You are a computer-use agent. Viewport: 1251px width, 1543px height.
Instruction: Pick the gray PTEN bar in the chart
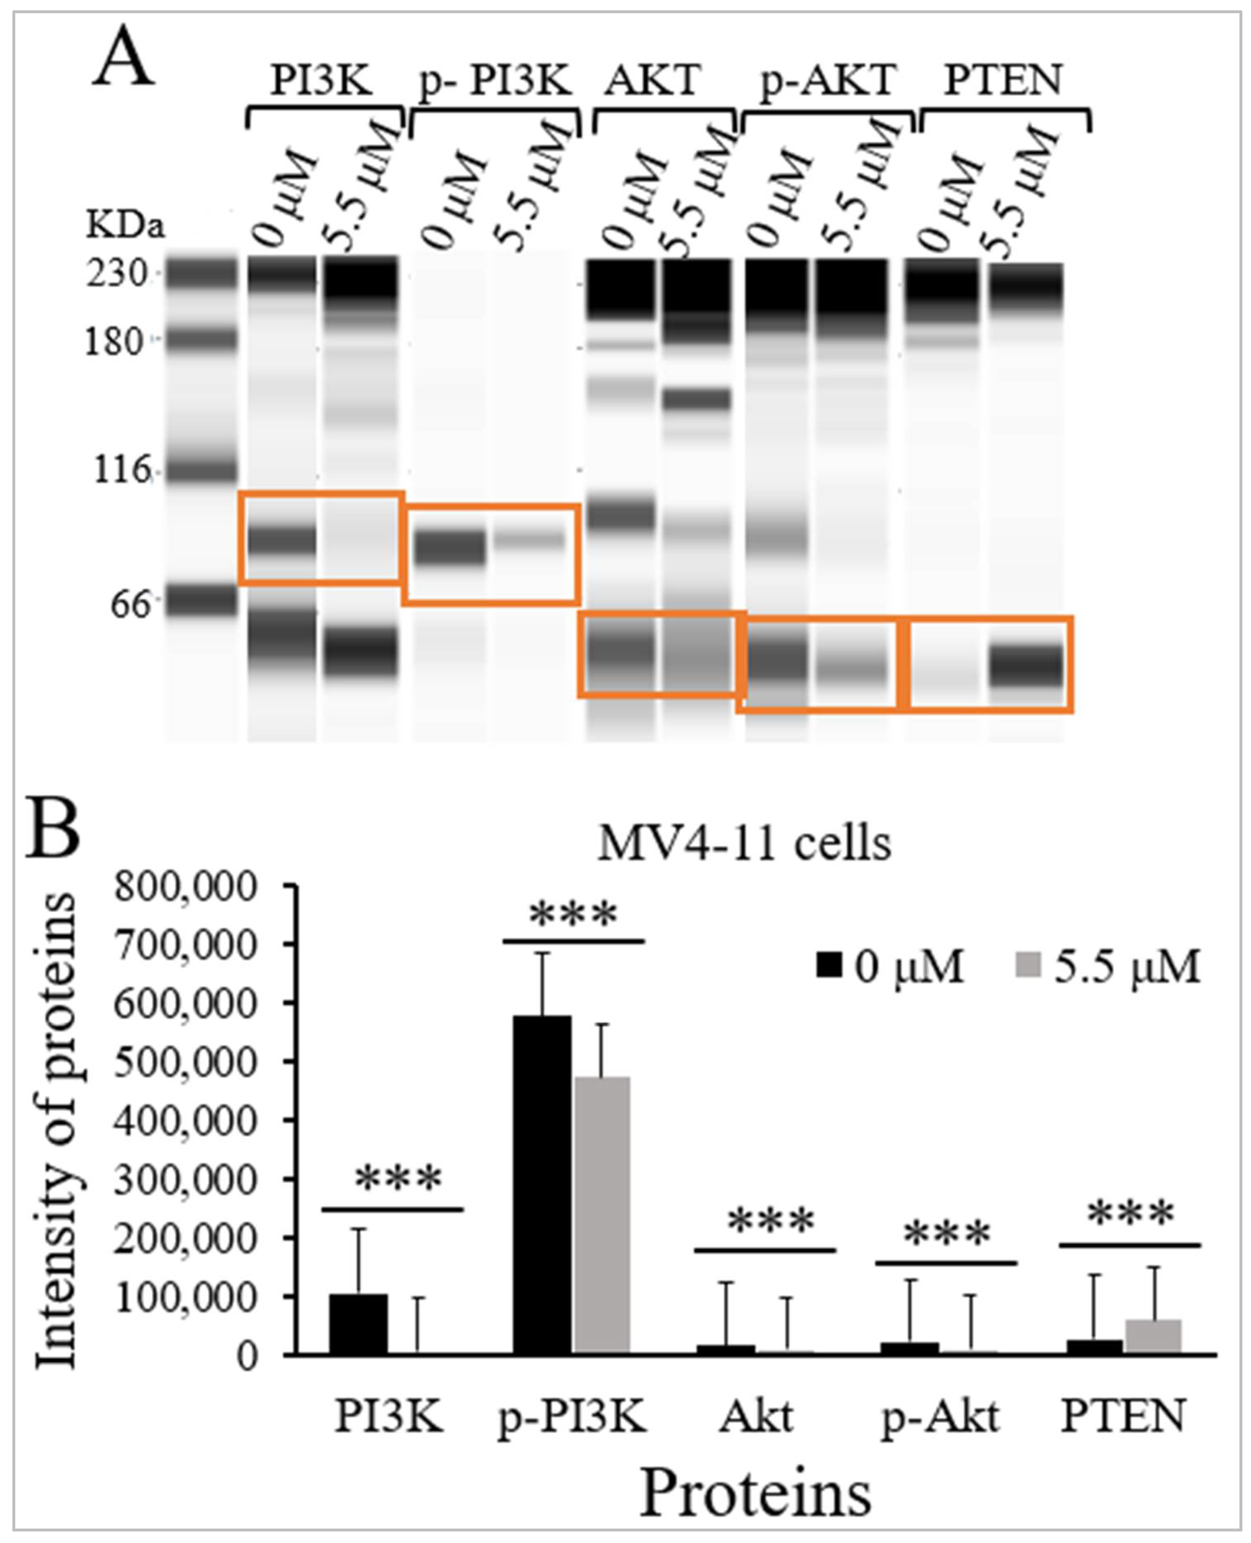click(x=1153, y=1336)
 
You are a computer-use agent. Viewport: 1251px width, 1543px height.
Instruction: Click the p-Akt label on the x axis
click(x=940, y=1416)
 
